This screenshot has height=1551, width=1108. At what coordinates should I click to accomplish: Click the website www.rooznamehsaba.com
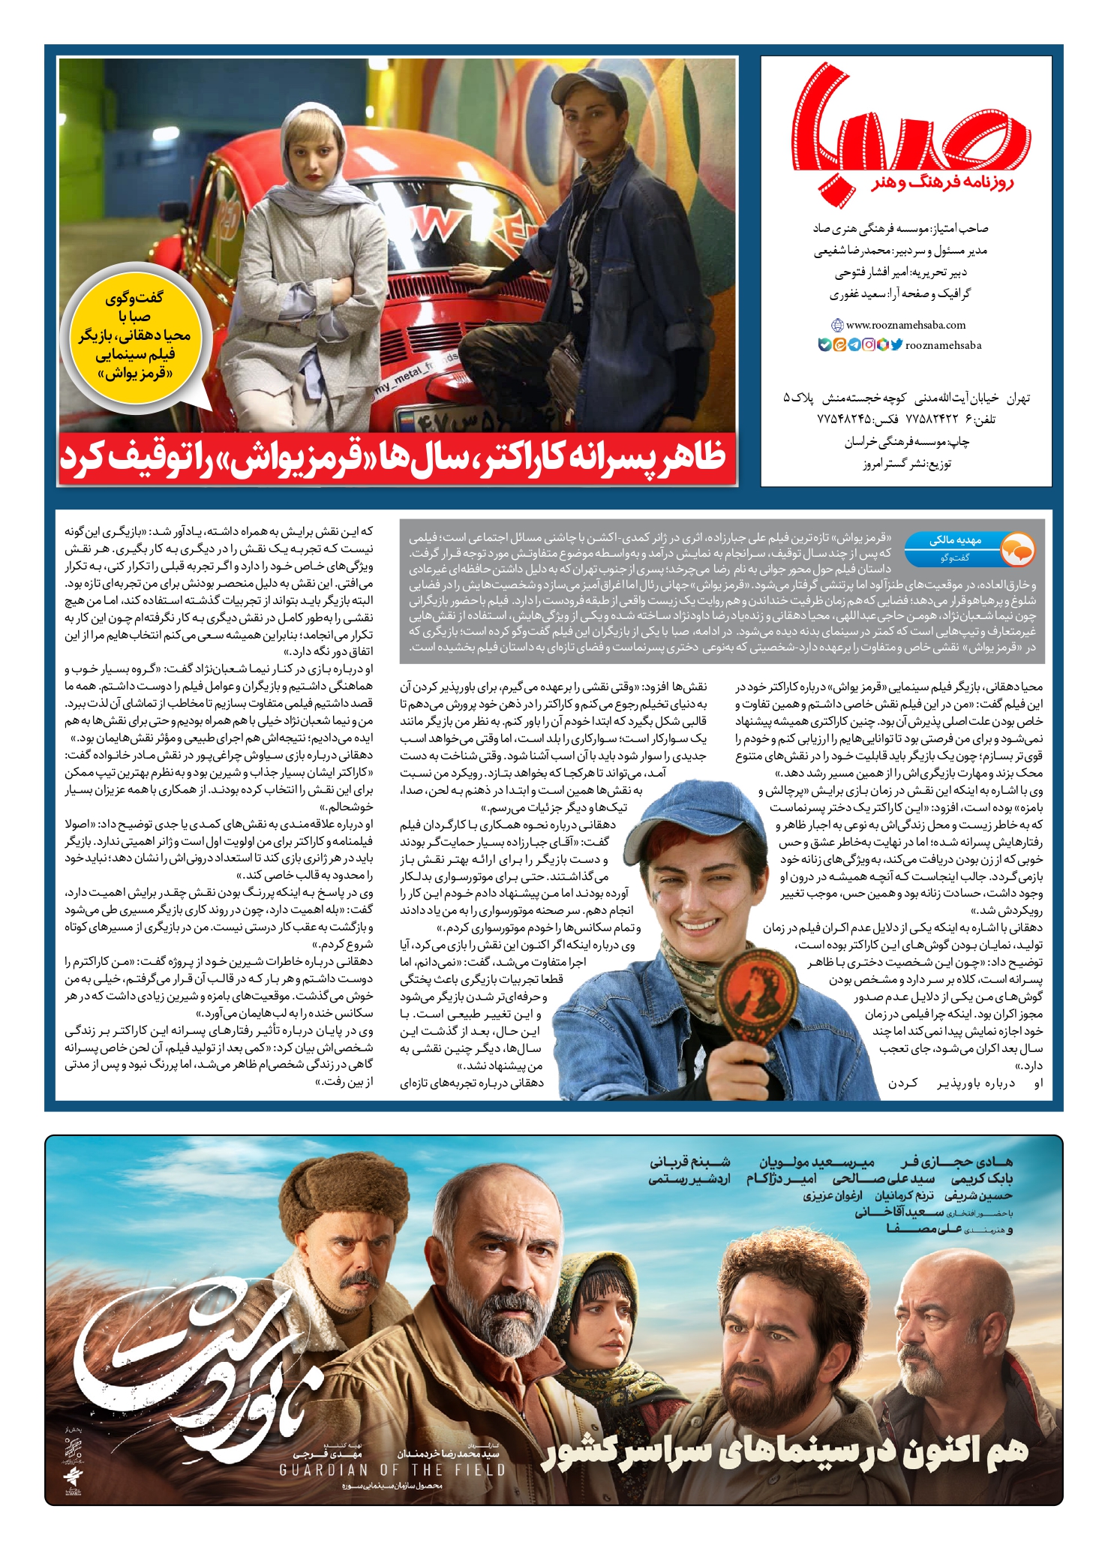point(905,325)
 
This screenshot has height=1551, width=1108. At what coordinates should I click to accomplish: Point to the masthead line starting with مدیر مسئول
point(900,251)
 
